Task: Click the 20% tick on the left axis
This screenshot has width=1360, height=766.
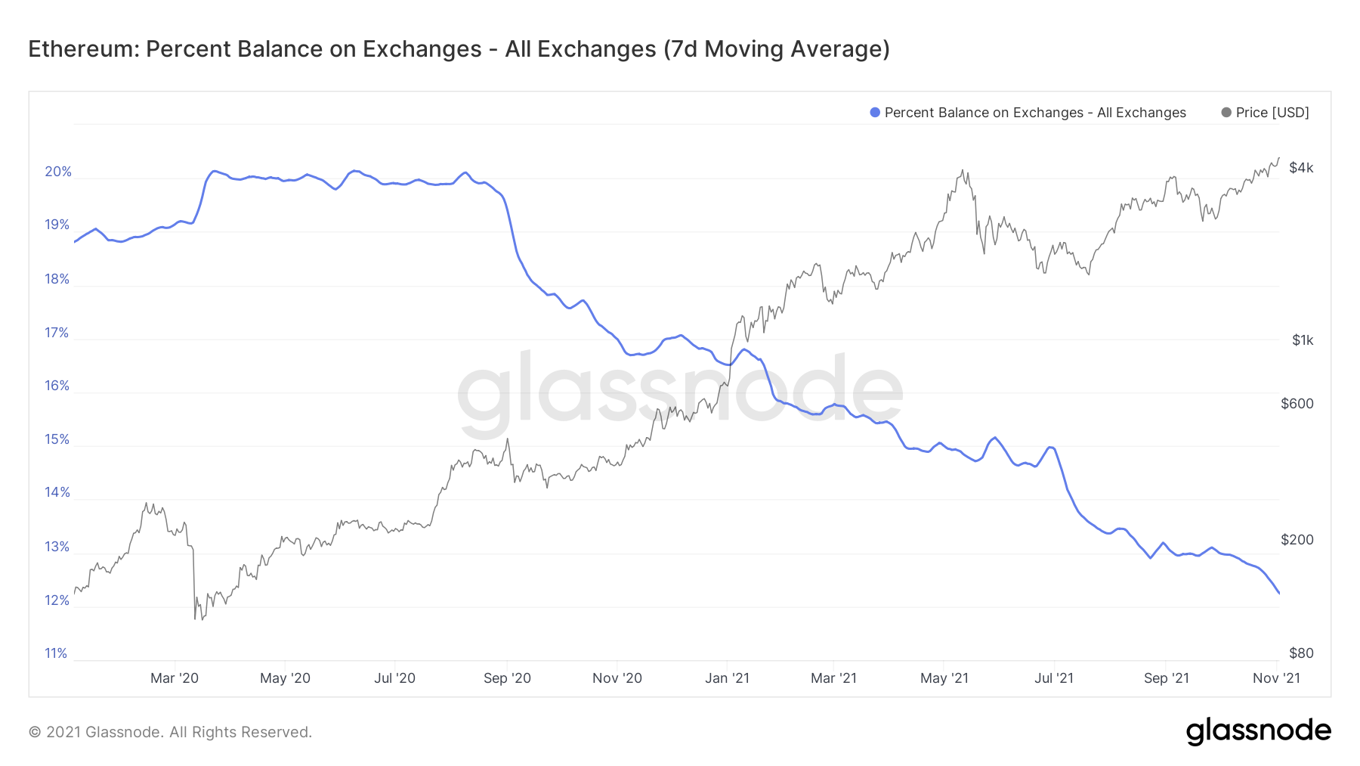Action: pos(58,172)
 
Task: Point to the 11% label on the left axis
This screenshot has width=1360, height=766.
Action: pos(56,653)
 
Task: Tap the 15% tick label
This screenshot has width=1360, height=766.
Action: pos(57,439)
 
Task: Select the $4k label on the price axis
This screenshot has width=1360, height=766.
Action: pos(1301,168)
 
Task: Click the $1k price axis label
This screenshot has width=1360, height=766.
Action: pos(1303,340)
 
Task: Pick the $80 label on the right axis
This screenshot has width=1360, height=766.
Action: pos(1301,653)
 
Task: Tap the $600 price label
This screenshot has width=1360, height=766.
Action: pos(1297,404)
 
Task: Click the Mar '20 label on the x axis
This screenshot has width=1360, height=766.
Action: pos(175,678)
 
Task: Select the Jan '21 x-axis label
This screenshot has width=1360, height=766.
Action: pos(727,678)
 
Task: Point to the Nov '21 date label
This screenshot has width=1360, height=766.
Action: pos(1276,678)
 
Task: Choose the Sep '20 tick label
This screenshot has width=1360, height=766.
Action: pos(507,678)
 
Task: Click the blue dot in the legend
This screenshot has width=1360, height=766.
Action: pos(875,113)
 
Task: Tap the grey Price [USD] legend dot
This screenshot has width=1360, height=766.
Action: pos(1226,113)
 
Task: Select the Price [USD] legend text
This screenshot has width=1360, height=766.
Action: pos(1272,113)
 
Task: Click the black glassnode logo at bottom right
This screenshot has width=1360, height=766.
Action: pos(1258,731)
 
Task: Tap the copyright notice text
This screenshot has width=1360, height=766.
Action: pos(170,732)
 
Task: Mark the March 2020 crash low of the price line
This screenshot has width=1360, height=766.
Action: pos(195,619)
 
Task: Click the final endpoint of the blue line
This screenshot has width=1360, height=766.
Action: pos(1279,594)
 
